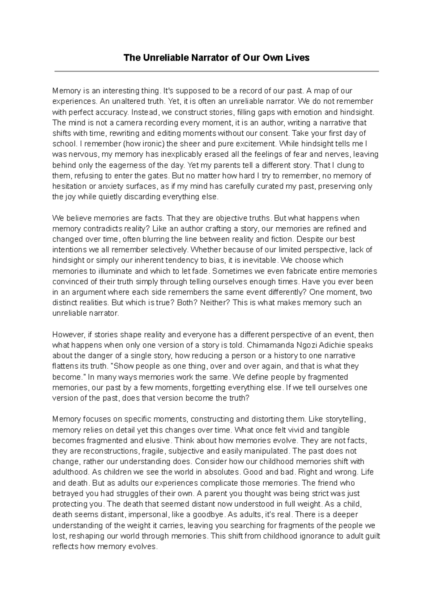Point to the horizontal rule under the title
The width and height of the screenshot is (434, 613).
(x=216, y=72)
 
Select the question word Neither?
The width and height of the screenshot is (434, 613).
(x=214, y=303)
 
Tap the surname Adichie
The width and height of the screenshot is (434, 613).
(x=338, y=345)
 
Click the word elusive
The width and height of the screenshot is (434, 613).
(x=158, y=440)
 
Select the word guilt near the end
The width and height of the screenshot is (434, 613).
(x=372, y=536)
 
